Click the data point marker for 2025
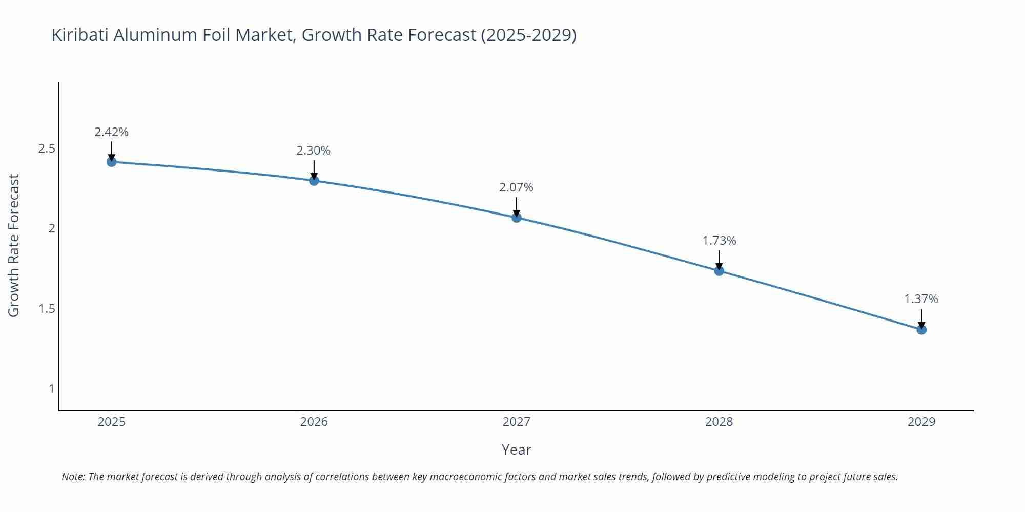pyautogui.click(x=111, y=162)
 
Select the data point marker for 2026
pyautogui.click(x=314, y=180)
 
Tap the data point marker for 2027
pyautogui.click(x=517, y=218)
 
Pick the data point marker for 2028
pyautogui.click(x=719, y=271)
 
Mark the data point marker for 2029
pyautogui.click(x=921, y=329)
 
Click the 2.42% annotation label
pyautogui.click(x=111, y=132)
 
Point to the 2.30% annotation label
pyautogui.click(x=313, y=151)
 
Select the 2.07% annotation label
pyautogui.click(x=516, y=188)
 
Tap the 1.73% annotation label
pyautogui.click(x=719, y=241)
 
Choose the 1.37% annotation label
pyautogui.click(x=921, y=299)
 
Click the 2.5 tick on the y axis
pyautogui.click(x=47, y=149)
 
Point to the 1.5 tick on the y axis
pyautogui.click(x=47, y=309)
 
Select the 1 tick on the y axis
pyautogui.click(x=51, y=389)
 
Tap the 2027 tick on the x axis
pyautogui.click(x=516, y=422)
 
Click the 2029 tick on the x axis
pyautogui.click(x=921, y=422)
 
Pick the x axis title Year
pyautogui.click(x=516, y=450)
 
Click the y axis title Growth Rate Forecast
pyautogui.click(x=14, y=245)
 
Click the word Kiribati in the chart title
pyautogui.click(x=80, y=35)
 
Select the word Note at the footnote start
pyautogui.click(x=73, y=477)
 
